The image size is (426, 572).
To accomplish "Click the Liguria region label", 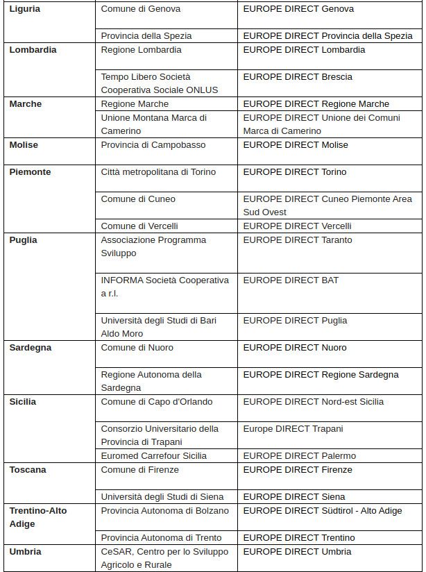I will pos(25,9).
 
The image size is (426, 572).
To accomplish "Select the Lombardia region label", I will pos(33,50).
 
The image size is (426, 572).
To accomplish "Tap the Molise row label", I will pos(24,145).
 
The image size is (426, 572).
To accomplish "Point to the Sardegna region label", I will pos(31,348).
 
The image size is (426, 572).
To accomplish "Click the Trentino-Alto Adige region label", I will pos(38,517).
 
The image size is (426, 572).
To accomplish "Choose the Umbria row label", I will pos(25,552).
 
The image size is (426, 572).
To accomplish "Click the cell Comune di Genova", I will pos(141,9).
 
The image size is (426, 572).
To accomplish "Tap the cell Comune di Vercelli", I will pos(139,226).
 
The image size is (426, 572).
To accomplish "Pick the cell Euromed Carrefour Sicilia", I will pos(154,456).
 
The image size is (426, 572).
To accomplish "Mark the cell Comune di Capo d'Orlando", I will pos(157,402).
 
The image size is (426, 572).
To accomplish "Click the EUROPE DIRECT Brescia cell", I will pos(298,77).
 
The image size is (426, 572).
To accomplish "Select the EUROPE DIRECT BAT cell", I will pos(291,280).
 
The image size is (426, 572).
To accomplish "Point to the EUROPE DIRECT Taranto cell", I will pos(298,240).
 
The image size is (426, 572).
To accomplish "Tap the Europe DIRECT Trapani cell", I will pos(293,429).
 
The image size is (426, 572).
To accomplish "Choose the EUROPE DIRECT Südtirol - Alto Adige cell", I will pos(322,511).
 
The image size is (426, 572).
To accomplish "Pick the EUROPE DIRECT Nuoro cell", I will pos(295,348).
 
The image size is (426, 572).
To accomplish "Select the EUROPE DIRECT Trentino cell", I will pos(299,538).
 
